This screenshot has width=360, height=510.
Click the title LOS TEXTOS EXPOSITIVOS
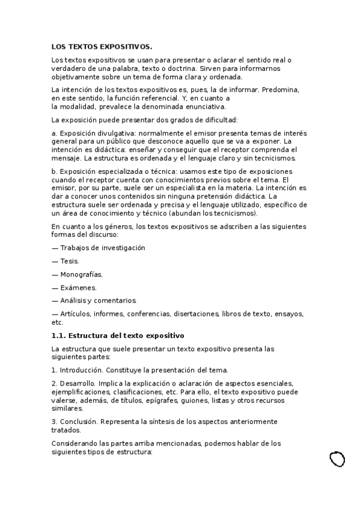102,46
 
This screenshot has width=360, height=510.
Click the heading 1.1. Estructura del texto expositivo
118,335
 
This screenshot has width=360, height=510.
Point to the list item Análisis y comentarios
94,301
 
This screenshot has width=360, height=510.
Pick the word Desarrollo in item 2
76,383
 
